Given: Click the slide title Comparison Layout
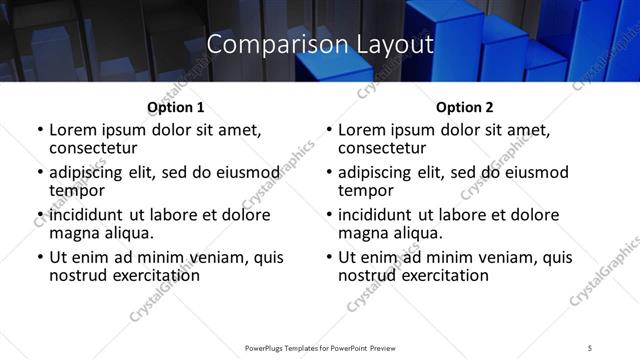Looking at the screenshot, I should [x=320, y=45].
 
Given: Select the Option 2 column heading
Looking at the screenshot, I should [x=464, y=107].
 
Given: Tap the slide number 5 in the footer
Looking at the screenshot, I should [x=590, y=348].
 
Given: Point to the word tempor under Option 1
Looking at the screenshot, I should [x=77, y=190].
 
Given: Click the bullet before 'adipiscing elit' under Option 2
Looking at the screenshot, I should [x=328, y=173].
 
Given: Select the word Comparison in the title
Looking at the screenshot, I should [x=263, y=45].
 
